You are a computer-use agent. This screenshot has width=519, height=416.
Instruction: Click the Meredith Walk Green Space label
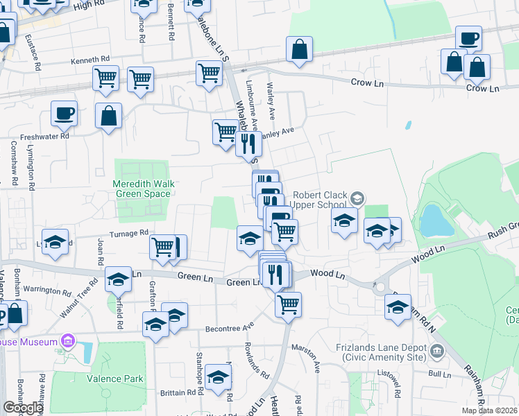[x=142, y=189]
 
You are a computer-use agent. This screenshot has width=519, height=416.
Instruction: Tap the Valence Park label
[x=115, y=379]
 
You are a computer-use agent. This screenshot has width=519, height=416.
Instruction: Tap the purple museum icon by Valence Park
[x=67, y=341]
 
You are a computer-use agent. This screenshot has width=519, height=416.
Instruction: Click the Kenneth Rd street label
[x=90, y=60]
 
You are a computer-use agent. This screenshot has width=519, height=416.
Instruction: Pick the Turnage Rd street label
[x=130, y=233]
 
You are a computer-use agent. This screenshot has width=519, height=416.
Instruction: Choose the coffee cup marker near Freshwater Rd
[x=64, y=113]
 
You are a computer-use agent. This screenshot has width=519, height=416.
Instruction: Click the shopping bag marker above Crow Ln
[x=299, y=50]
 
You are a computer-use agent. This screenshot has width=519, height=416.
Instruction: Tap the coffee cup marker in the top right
[x=469, y=38]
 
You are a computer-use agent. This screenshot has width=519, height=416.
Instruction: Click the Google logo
[x=23, y=408]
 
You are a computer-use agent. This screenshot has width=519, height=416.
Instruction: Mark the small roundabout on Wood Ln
[x=379, y=286]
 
